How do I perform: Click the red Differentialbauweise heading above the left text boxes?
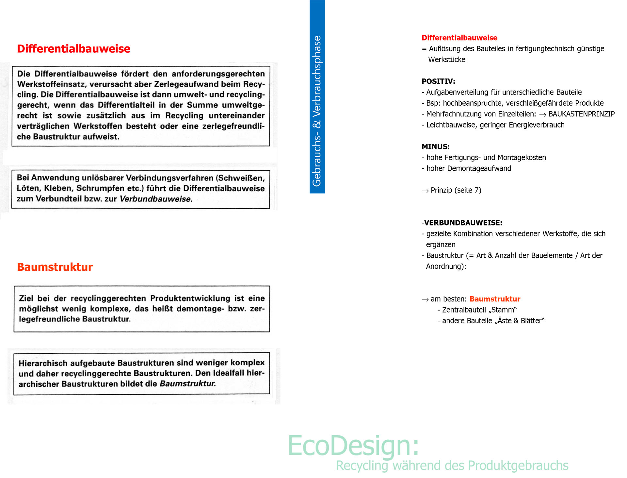(73, 49)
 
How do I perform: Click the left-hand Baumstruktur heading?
(55, 267)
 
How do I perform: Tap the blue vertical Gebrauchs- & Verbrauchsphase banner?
(317, 111)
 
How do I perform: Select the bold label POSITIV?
(438, 81)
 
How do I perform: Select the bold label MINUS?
(436, 147)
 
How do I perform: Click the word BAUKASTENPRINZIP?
(581, 114)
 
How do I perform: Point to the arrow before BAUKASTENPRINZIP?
(542, 114)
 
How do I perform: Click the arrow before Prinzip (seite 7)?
(425, 191)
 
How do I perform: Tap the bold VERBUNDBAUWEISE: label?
(463, 223)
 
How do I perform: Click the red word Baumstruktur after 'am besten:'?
(495, 299)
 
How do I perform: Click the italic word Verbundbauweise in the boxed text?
(156, 199)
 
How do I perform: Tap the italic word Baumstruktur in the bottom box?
(187, 384)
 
